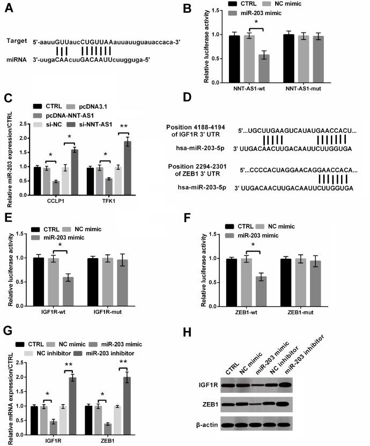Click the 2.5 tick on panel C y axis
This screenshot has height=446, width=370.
(x=23, y=124)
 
